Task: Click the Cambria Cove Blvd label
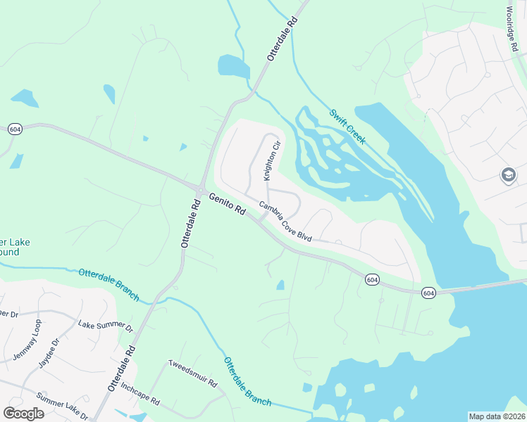285,222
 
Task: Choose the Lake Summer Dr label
106,326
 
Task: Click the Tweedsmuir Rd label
192,374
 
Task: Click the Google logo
23,413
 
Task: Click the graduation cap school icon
508,175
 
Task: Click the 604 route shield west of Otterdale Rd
14,129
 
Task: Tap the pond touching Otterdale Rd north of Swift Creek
234,67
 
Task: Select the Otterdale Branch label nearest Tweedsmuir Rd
247,381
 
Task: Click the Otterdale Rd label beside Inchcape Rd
122,370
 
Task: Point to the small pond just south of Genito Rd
280,285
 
